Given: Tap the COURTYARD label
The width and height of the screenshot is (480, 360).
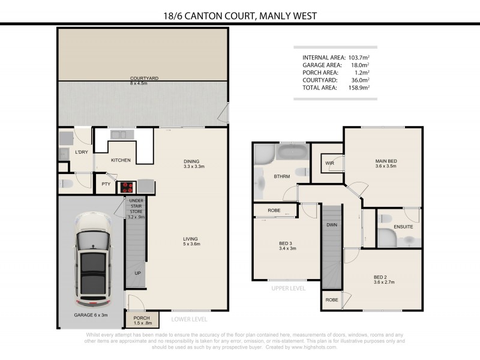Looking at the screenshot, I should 143,79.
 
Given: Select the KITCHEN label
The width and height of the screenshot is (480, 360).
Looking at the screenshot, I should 121,160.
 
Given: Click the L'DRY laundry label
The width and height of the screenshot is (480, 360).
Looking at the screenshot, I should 82,152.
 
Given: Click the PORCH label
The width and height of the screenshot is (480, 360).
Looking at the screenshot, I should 142,318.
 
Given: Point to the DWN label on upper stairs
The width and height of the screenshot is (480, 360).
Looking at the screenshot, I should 331,225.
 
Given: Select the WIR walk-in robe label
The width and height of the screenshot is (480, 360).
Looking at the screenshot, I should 329,163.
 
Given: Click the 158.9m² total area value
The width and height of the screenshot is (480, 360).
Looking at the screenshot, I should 359,88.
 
